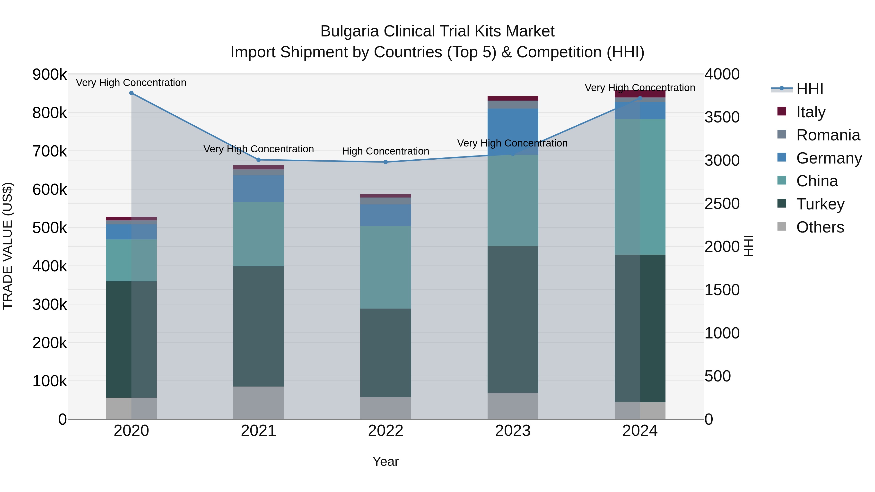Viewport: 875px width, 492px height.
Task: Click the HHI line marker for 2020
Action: point(131,93)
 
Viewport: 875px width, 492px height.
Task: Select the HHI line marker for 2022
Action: point(385,162)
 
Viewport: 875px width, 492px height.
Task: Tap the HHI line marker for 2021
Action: point(259,160)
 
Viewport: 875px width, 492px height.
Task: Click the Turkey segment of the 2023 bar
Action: point(513,319)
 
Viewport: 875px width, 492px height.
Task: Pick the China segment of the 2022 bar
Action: point(385,267)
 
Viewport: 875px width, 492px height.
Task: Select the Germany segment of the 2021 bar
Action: point(259,189)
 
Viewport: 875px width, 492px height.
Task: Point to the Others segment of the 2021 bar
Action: point(259,403)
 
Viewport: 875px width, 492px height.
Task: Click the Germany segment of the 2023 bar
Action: point(513,132)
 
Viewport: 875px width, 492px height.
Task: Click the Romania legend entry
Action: point(828,135)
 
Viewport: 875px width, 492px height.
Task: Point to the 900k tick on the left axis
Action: point(50,74)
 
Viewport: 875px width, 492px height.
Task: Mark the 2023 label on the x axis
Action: point(513,431)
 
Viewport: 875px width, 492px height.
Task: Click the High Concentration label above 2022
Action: point(385,151)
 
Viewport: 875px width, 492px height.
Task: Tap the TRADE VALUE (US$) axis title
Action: point(8,246)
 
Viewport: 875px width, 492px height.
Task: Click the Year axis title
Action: point(385,461)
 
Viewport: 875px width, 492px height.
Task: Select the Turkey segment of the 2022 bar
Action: point(385,353)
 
